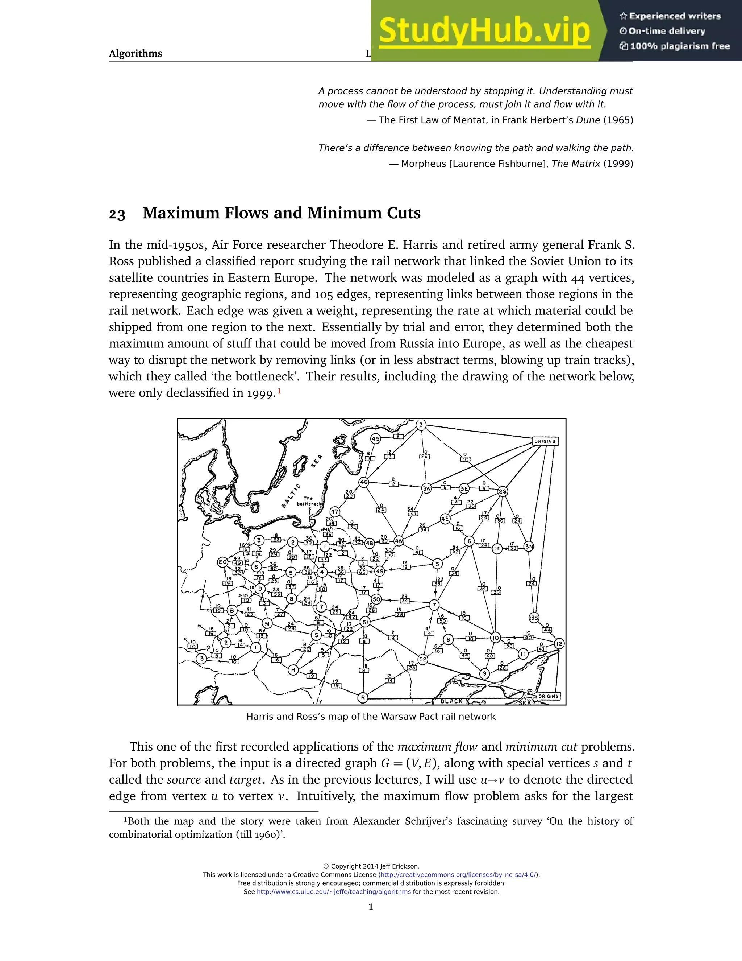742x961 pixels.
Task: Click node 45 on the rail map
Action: click(375, 439)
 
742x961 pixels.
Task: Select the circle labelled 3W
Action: click(426, 488)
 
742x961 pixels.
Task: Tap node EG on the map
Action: click(223, 562)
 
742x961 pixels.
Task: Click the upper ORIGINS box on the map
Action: click(545, 441)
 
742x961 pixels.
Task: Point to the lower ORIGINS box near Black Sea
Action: click(549, 697)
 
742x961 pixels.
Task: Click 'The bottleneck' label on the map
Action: click(309, 501)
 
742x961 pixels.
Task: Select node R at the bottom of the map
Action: click(363, 697)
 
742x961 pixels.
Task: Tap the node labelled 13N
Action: click(528, 547)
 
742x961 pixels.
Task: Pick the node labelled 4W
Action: click(399, 541)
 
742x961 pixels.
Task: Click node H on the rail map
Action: click(293, 670)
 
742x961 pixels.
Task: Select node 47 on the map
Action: click(335, 512)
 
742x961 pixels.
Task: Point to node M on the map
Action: click(267, 623)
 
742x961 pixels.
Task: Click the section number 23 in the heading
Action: click(117, 214)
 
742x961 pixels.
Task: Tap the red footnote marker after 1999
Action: click(279, 390)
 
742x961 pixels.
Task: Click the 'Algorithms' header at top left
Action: click(136, 54)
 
